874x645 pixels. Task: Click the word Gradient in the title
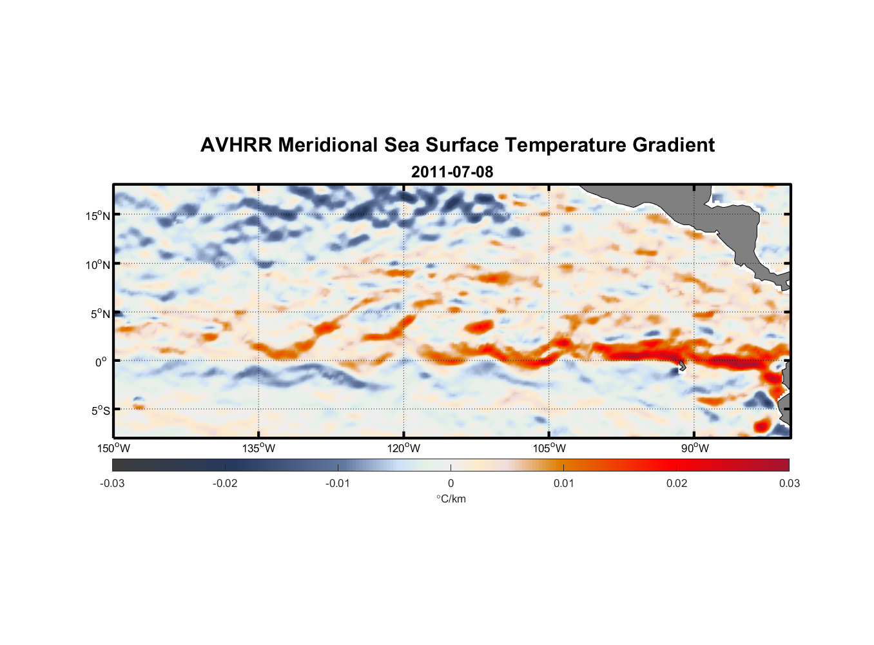(673, 145)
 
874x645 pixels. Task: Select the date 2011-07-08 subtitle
(452, 172)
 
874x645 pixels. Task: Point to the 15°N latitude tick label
(98, 216)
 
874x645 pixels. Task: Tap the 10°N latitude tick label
(98, 265)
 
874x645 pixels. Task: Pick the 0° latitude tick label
(101, 362)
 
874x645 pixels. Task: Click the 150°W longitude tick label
(114, 449)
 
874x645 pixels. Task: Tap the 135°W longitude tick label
(259, 449)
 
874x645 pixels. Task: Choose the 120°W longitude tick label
(404, 449)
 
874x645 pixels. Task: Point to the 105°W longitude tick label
(549, 449)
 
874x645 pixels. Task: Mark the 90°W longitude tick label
(695, 449)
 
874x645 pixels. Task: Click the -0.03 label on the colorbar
(112, 484)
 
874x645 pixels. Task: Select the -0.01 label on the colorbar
(338, 484)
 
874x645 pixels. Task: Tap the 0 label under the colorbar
(451, 484)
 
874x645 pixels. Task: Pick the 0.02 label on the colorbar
(677, 484)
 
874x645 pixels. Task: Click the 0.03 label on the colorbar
(789, 484)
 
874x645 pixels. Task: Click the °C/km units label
(451, 499)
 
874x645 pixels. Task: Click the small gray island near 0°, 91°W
(682, 366)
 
